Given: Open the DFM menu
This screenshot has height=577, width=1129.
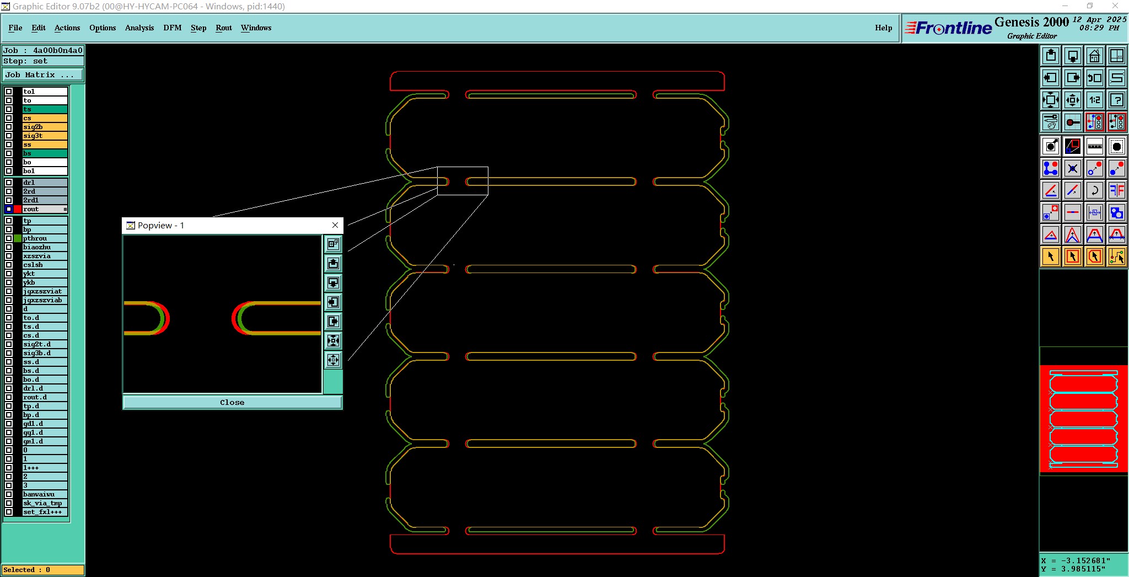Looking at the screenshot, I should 172,28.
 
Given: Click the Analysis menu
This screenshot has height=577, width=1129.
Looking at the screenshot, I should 139,28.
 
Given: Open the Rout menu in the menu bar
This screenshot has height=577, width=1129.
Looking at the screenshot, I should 223,28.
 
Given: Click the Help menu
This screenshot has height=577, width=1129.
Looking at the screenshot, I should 883,28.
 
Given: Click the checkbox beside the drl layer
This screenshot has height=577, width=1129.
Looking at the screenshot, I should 9,183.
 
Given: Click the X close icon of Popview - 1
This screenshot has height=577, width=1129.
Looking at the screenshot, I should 335,225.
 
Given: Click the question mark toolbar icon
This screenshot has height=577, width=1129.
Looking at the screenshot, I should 1116,100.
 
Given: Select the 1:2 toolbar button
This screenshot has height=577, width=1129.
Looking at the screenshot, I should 1094,100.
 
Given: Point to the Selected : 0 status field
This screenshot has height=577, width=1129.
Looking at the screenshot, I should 43,570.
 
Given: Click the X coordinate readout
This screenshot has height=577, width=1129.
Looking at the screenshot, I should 1075,560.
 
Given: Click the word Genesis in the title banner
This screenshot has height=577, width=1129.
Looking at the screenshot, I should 1017,22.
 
